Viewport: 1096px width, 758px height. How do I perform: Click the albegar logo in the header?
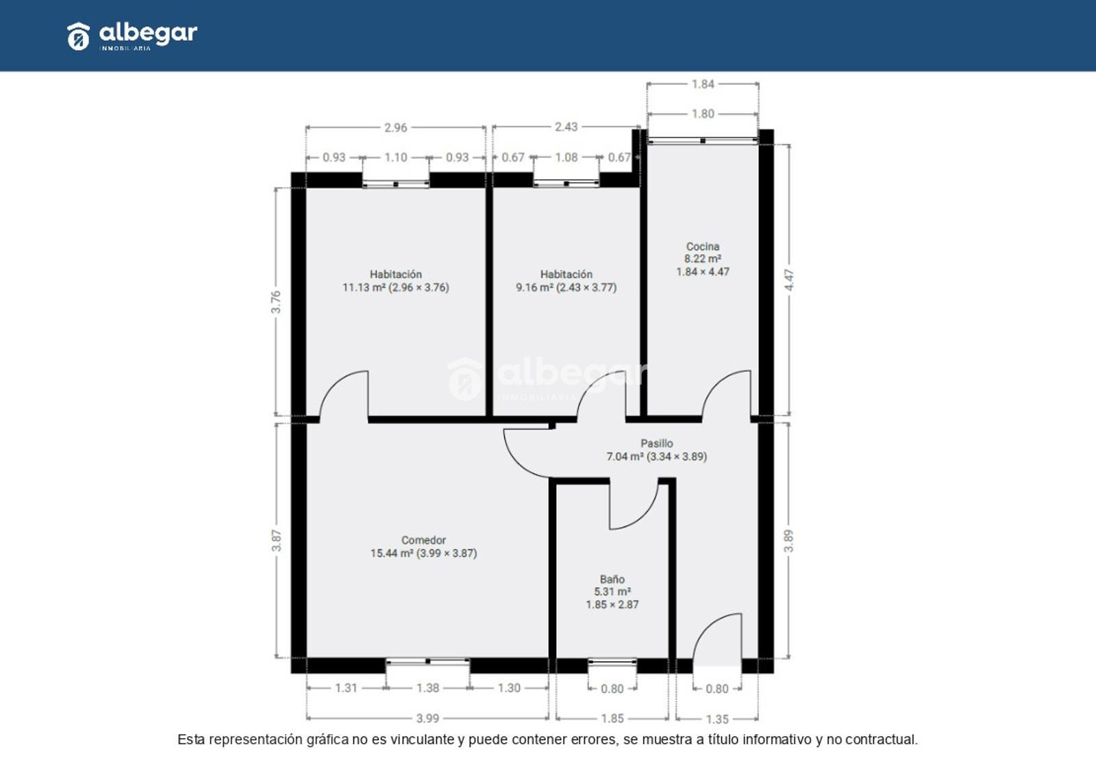pyautogui.click(x=132, y=36)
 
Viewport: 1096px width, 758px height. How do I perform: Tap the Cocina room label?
pyautogui.click(x=703, y=260)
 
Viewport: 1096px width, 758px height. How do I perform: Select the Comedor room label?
pyautogui.click(x=424, y=546)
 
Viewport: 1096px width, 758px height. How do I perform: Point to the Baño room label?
pyautogui.click(x=612, y=592)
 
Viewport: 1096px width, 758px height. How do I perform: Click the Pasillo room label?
pyautogui.click(x=657, y=450)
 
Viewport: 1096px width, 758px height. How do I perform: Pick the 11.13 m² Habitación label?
pyautogui.click(x=395, y=281)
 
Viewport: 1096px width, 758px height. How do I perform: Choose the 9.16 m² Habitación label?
pyautogui.click(x=566, y=281)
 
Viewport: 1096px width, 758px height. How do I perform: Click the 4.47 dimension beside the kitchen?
pyautogui.click(x=789, y=280)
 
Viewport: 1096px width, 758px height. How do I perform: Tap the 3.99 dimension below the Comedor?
pyautogui.click(x=427, y=718)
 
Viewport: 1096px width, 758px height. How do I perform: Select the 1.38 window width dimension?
pyautogui.click(x=427, y=688)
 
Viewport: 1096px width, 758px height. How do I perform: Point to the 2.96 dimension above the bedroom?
pyautogui.click(x=395, y=127)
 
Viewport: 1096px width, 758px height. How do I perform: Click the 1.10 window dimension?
pyautogui.click(x=395, y=157)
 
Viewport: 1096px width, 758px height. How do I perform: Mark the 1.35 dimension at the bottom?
pyautogui.click(x=717, y=720)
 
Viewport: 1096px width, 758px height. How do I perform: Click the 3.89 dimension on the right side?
pyautogui.click(x=788, y=541)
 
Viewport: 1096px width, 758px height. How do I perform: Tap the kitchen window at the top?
pyautogui.click(x=703, y=141)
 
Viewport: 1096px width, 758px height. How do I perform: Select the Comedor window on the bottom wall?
pyautogui.click(x=427, y=661)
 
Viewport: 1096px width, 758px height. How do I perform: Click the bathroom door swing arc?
pyautogui.click(x=645, y=515)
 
